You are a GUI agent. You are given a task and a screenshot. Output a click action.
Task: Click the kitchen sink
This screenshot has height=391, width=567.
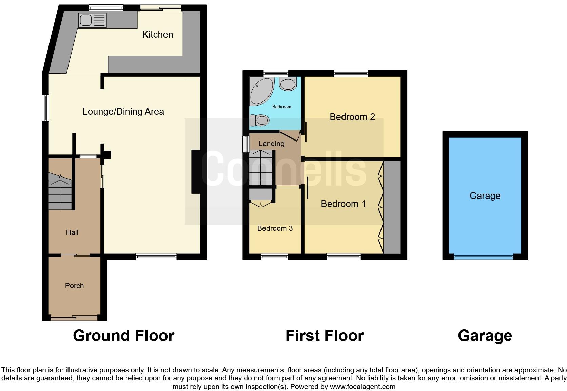pyautogui.click(x=92, y=20)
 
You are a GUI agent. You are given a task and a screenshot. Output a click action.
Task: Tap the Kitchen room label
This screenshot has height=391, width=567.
pyautogui.click(x=157, y=35)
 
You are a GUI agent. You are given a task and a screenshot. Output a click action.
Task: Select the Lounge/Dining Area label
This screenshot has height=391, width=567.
pyautogui.click(x=123, y=112)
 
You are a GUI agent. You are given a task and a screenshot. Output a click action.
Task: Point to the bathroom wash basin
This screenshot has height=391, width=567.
pyautogui.click(x=288, y=83)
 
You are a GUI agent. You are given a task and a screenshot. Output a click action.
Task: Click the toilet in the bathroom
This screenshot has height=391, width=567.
pyautogui.click(x=260, y=120)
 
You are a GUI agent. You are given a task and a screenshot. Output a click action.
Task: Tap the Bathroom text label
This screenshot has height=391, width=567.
pyautogui.click(x=281, y=107)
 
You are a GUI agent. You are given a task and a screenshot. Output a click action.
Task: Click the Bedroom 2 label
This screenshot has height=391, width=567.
pyautogui.click(x=352, y=117)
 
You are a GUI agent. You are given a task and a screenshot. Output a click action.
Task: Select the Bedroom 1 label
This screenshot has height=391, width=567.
pyautogui.click(x=343, y=204)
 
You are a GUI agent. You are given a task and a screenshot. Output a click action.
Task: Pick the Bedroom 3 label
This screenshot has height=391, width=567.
pyautogui.click(x=275, y=228)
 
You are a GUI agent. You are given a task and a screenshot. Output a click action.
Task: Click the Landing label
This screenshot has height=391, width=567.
pyautogui.click(x=271, y=144)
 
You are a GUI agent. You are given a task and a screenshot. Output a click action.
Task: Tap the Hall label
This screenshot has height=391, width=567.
pyautogui.click(x=72, y=232)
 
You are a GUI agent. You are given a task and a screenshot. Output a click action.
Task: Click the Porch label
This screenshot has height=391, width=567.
pyautogui.click(x=74, y=286)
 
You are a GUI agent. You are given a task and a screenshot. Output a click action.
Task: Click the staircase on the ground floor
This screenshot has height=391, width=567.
pyautogui.click(x=60, y=193)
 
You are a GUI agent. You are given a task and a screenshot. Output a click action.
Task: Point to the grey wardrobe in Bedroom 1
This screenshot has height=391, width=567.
pyautogui.click(x=392, y=207)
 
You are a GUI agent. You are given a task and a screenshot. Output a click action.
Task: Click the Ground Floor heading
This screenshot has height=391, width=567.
pyautogui.click(x=123, y=336)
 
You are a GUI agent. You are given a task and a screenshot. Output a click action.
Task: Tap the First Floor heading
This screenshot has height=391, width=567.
pyautogui.click(x=325, y=336)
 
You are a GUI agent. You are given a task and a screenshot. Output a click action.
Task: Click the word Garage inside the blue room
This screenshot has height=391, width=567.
pyautogui.click(x=485, y=196)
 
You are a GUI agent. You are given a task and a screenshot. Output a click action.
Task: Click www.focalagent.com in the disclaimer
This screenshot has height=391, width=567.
pyautogui.click(x=363, y=387)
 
